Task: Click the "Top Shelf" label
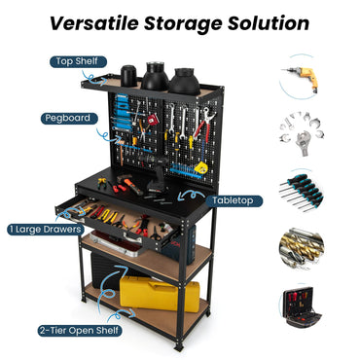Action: coord(76,61)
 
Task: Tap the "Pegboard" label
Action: coord(67,118)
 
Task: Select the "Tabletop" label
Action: coord(234,199)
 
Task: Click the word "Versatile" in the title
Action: coord(102,22)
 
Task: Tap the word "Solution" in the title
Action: coord(268,22)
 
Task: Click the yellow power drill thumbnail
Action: coord(299,79)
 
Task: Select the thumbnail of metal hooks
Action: coord(299,132)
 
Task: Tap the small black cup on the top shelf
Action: coord(127,74)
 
